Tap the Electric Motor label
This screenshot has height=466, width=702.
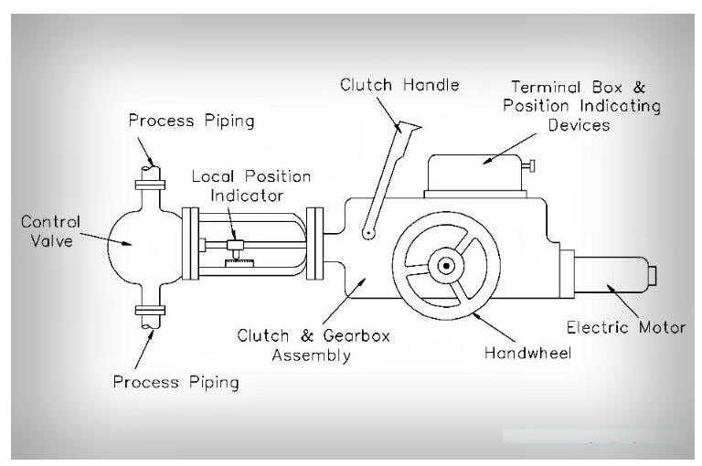coord(626,326)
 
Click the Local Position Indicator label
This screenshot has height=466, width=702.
coord(250,185)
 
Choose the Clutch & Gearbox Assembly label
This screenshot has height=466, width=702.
coord(314,345)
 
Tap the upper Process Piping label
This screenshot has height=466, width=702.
coord(191,120)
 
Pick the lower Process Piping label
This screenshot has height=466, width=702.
coord(176,381)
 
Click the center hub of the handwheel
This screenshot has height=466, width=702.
coord(446,266)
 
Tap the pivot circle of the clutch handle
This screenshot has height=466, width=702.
coord(366,232)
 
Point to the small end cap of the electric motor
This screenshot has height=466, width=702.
coord(654,274)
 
